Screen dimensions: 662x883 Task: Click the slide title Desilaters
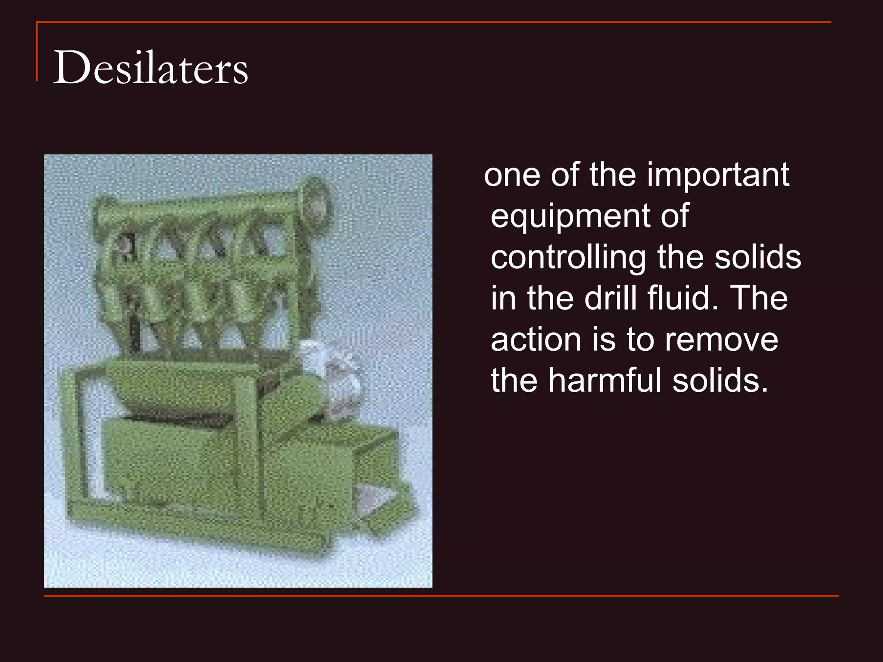coord(150,68)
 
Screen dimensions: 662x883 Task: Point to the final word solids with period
coord(720,381)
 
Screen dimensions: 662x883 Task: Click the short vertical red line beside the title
coord(37,52)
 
